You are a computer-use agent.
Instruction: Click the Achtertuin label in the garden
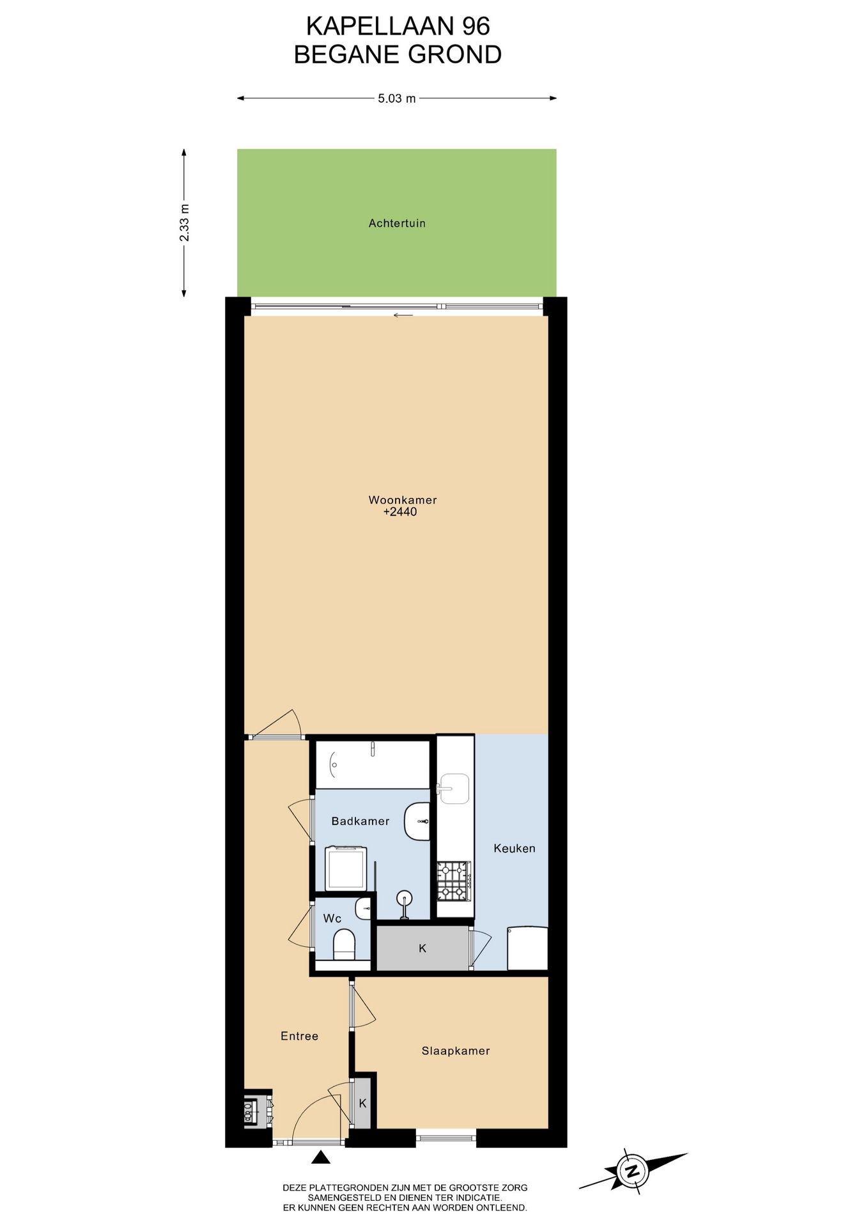pyautogui.click(x=397, y=223)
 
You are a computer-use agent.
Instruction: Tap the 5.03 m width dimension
pyautogui.click(x=396, y=98)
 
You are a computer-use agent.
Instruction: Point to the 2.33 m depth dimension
pyautogui.click(x=184, y=222)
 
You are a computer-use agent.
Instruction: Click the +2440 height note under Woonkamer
pyautogui.click(x=400, y=512)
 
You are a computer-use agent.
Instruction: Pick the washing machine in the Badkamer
pyautogui.click(x=346, y=868)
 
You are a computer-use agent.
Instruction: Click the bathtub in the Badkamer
pyautogui.click(x=372, y=764)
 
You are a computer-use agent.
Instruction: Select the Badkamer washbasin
pyautogui.click(x=417, y=821)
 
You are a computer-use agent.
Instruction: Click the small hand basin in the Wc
pyautogui.click(x=363, y=908)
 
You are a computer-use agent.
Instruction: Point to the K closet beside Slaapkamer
pyautogui.click(x=362, y=1103)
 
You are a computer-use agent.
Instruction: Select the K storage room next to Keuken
pyautogui.click(x=422, y=948)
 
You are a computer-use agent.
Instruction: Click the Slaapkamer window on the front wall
pyautogui.click(x=446, y=1136)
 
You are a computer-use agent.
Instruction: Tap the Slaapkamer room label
pyautogui.click(x=456, y=1051)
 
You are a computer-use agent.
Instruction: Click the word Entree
pyautogui.click(x=299, y=1036)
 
